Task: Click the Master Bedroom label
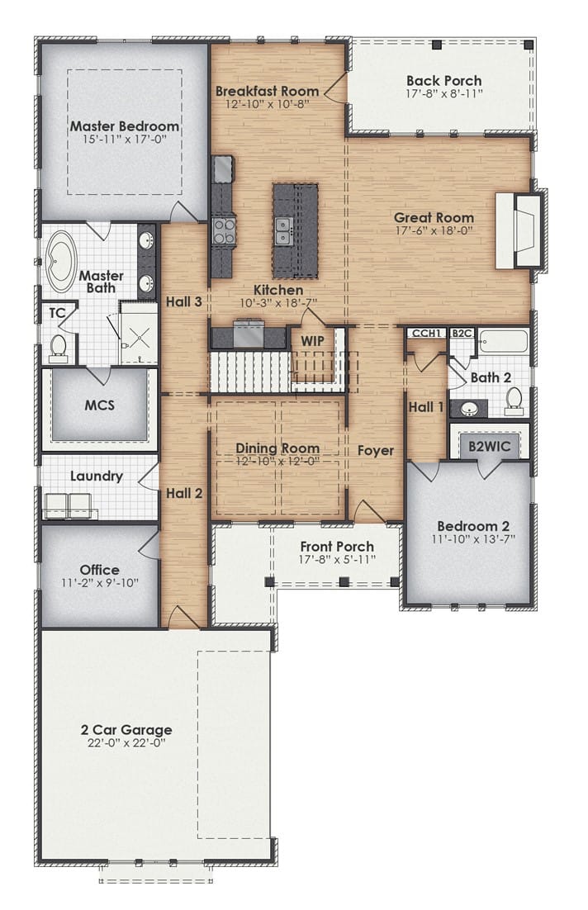pyautogui.click(x=124, y=126)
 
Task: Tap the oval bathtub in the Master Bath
pyautogui.click(x=62, y=262)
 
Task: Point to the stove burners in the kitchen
pyautogui.click(x=224, y=229)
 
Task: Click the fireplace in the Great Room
pyautogui.click(x=519, y=230)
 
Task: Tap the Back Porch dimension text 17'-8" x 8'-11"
pyautogui.click(x=444, y=93)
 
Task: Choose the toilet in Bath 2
pyautogui.click(x=514, y=401)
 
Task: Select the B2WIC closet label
pyautogui.click(x=490, y=446)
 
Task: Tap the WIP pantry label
pyautogui.click(x=312, y=341)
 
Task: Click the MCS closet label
pyautogui.click(x=99, y=405)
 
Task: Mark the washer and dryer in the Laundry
pyautogui.click(x=69, y=505)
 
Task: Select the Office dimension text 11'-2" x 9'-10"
pyautogui.click(x=99, y=583)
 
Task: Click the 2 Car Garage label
pyautogui.click(x=126, y=730)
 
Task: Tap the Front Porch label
pyautogui.click(x=337, y=547)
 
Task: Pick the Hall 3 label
pyautogui.click(x=184, y=301)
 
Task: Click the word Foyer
pyautogui.click(x=376, y=451)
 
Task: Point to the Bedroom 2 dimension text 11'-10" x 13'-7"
pyautogui.click(x=473, y=538)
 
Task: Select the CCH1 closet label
pyautogui.click(x=427, y=333)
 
